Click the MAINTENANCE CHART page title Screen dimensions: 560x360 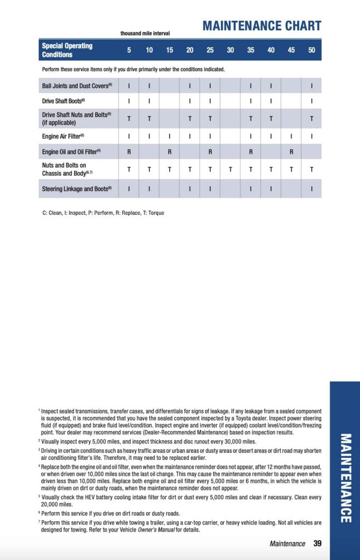click(262, 26)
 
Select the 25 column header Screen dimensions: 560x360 click(210, 50)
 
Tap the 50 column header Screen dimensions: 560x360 click(311, 50)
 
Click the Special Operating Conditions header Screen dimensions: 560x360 click(67, 50)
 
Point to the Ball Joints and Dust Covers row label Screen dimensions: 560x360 click(77, 86)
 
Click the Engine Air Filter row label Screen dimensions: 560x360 click(63, 136)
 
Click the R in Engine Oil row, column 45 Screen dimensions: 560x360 click(291, 152)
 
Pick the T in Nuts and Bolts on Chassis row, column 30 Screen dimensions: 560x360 click(230, 170)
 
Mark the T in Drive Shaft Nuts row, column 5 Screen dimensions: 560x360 click(129, 119)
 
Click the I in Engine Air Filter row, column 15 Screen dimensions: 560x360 click(170, 136)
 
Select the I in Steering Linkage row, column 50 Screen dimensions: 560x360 click(311, 189)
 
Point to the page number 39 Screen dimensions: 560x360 click(317, 544)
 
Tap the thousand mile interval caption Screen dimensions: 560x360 click(145, 33)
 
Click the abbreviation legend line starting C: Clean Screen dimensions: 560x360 click(103, 213)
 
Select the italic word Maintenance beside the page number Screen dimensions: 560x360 click(287, 544)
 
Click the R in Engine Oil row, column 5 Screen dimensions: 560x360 click(129, 152)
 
